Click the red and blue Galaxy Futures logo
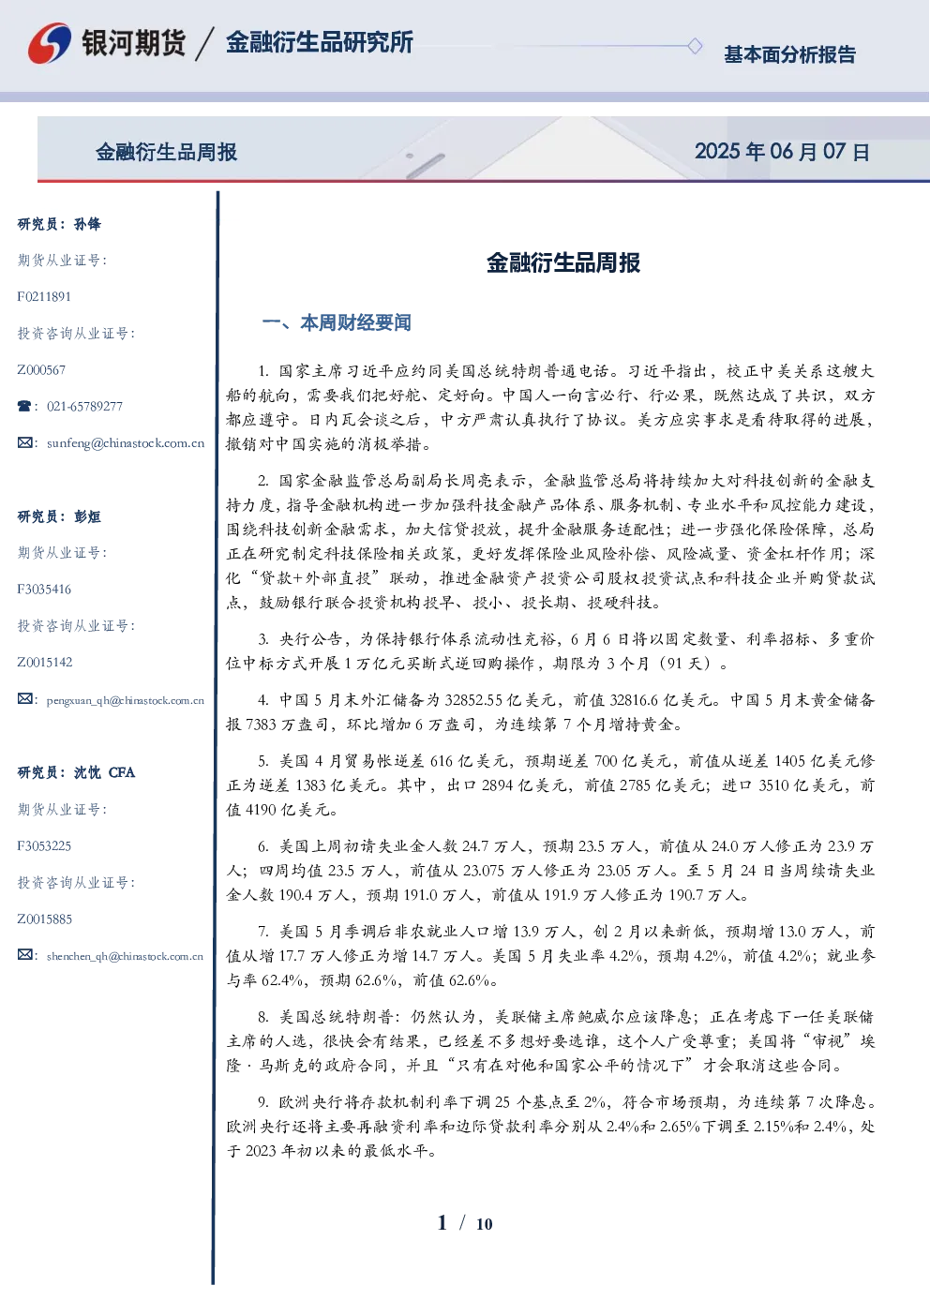[50, 42]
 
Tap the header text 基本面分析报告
[789, 54]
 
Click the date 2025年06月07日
[782, 152]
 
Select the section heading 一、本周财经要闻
[337, 322]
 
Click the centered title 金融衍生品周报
[563, 262]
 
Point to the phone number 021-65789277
[84, 406]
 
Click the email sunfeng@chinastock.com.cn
[126, 443]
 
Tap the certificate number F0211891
[44, 296]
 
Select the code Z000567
[41, 370]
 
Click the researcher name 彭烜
[87, 516]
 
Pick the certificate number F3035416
[44, 589]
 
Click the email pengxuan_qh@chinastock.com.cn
[126, 700]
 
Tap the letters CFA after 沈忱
[122, 772]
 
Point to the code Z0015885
[45, 919]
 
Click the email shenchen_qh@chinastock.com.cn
[125, 956]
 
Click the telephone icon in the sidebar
[24, 406]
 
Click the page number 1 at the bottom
[442, 1223]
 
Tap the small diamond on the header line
[695, 46]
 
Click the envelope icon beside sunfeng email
[24, 442]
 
